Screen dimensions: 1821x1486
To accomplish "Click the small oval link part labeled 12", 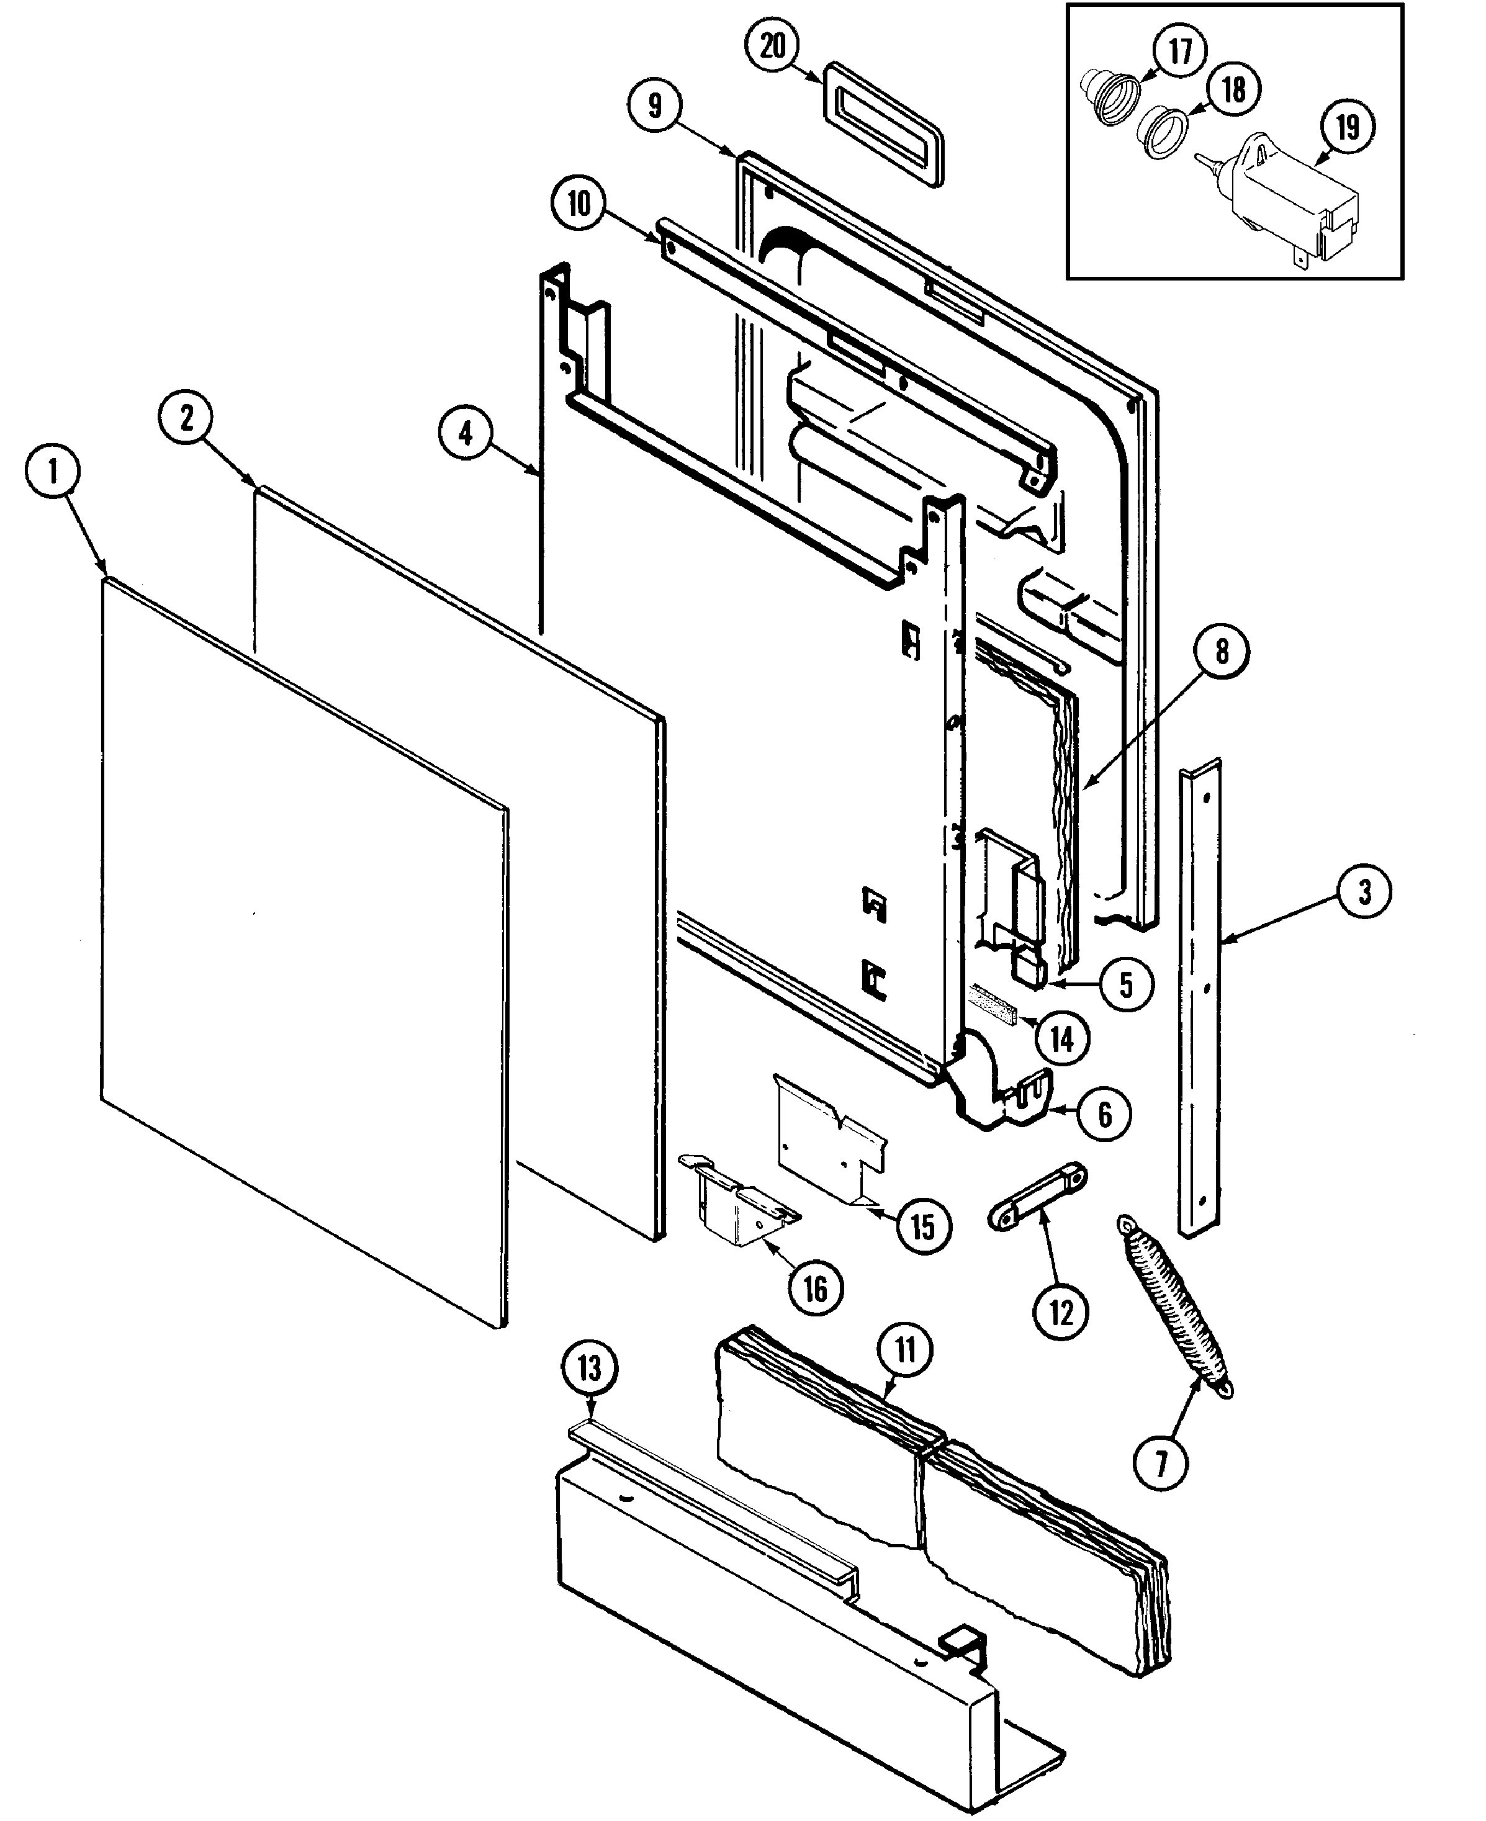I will [x=1037, y=1197].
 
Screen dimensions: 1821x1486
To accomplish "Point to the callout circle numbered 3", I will [x=1364, y=892].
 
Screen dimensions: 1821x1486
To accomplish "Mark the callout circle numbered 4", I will [x=465, y=434].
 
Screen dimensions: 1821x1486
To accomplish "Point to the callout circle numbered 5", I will [x=1125, y=985].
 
